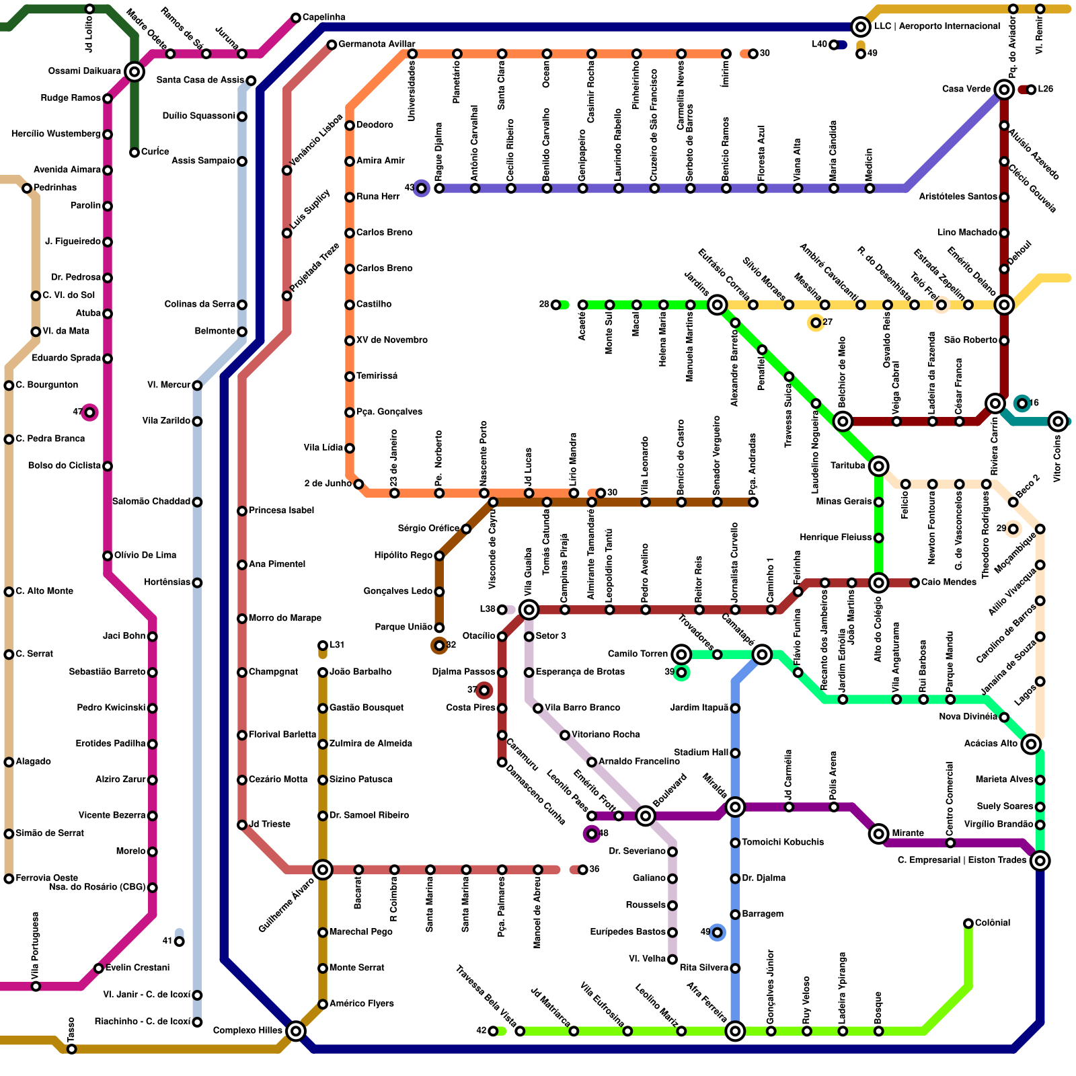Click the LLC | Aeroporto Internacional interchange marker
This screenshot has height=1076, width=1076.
[x=860, y=27]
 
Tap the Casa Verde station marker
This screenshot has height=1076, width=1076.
[x=1004, y=89]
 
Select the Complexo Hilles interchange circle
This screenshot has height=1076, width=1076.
[x=296, y=1030]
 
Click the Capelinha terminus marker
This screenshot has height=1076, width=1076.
[x=296, y=17]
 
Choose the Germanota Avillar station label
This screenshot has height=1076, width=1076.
[x=377, y=44]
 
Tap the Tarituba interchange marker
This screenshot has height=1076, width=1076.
[x=878, y=465]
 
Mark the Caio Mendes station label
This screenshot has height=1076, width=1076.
[x=948, y=582]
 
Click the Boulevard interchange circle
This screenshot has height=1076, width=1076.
[x=645, y=816]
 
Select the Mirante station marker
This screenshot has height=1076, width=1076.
[x=878, y=833]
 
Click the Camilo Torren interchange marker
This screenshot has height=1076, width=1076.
[x=681, y=654]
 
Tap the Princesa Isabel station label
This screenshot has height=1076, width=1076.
[x=281, y=510]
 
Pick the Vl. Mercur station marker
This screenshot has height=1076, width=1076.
[x=197, y=385]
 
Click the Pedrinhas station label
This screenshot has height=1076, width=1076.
[x=55, y=188]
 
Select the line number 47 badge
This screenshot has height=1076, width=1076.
[x=89, y=412]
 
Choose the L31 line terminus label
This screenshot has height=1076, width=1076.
[x=337, y=645]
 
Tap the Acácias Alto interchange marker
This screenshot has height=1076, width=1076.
[x=1031, y=744]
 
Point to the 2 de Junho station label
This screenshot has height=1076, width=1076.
[x=328, y=484]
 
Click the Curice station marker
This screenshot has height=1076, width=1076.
[x=134, y=152]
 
